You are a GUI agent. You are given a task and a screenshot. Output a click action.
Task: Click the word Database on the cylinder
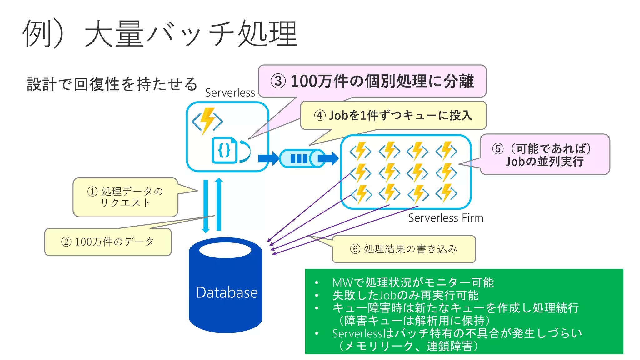coord(227,292)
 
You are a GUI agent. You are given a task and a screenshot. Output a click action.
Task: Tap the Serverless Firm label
coord(445,218)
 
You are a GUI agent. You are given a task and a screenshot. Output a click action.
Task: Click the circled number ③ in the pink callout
coord(278,81)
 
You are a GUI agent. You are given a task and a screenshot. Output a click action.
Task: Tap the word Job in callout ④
coord(338,116)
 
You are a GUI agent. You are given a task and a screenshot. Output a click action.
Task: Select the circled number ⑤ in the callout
coord(498,149)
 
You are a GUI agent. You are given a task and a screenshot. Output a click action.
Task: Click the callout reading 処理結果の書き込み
coord(404,249)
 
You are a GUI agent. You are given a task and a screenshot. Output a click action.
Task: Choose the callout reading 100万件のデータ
coord(108,242)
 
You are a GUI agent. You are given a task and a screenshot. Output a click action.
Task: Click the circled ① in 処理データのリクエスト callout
coord(92,191)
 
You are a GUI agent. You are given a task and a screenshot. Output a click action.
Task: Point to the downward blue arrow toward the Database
coord(206,206)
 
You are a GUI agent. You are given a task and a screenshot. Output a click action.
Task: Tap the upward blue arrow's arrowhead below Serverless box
coord(219,180)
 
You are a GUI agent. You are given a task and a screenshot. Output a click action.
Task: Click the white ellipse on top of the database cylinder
coord(225,250)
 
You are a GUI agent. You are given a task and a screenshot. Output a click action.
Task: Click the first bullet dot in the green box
coord(317,283)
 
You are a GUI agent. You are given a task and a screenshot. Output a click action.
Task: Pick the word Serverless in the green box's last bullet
coord(357,334)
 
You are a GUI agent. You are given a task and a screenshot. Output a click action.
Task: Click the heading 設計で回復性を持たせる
coord(112,84)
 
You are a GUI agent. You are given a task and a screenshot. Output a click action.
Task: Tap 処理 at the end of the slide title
coord(267,33)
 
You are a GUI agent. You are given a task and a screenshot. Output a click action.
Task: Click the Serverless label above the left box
coord(230,93)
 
